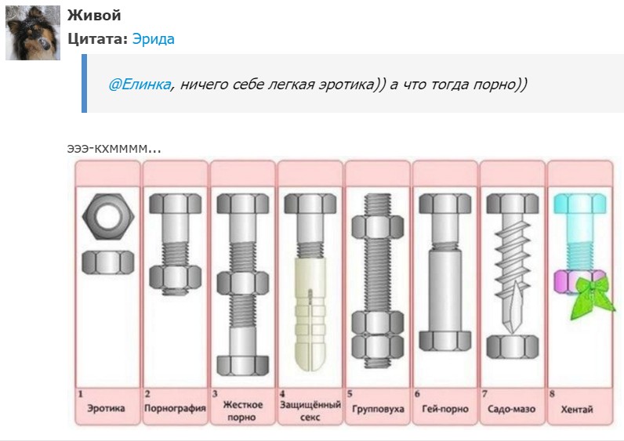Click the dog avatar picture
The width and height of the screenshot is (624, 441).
click(x=33, y=33)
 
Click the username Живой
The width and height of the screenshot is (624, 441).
click(x=94, y=15)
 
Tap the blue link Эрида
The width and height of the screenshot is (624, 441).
click(x=153, y=39)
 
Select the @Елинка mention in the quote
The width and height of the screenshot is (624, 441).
click(x=140, y=85)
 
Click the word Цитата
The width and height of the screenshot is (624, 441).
click(x=97, y=39)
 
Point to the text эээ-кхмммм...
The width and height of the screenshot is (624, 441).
click(x=114, y=148)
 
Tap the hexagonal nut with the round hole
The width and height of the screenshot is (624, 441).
click(x=108, y=216)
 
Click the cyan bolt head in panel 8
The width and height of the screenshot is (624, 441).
click(x=580, y=204)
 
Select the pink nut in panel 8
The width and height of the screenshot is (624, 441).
click(x=567, y=281)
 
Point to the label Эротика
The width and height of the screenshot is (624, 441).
click(x=106, y=408)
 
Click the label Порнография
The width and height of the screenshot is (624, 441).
click(x=175, y=408)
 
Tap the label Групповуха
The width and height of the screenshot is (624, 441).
click(x=378, y=409)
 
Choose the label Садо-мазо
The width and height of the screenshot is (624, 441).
click(x=511, y=409)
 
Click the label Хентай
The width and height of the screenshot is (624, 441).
click(x=577, y=409)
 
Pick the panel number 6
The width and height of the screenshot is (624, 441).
click(x=417, y=394)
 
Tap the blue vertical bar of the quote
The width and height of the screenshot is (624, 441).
click(x=84, y=84)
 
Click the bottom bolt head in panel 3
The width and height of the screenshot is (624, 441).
click(x=243, y=366)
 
